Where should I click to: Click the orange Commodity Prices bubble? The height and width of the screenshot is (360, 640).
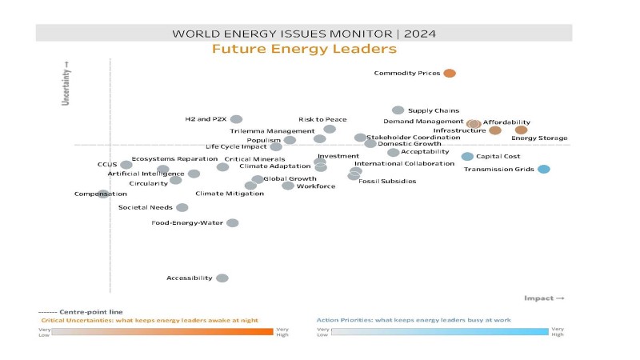450,74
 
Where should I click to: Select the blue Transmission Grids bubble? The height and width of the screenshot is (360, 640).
543,169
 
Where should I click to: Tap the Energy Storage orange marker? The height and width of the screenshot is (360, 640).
521,130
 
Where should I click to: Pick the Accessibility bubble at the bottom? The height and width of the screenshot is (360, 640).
222,278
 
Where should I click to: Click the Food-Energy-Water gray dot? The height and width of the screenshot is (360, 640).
232,222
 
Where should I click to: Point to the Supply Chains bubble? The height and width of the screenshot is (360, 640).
398,110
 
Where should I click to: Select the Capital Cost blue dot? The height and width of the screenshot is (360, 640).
467,156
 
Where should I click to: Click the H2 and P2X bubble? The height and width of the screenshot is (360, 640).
236,119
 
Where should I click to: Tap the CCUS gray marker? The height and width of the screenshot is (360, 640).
126,165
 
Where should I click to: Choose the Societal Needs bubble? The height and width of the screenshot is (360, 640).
182,207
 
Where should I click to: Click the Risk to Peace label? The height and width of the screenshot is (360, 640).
322,119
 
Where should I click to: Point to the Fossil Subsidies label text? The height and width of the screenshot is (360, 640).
387,182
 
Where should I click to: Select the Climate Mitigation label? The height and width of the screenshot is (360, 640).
218,194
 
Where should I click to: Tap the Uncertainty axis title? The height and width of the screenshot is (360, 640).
67,84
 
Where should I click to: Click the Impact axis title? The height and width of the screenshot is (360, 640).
544,298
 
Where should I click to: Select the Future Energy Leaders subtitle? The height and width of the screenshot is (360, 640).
304,50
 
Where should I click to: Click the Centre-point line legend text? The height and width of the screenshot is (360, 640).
80,312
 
